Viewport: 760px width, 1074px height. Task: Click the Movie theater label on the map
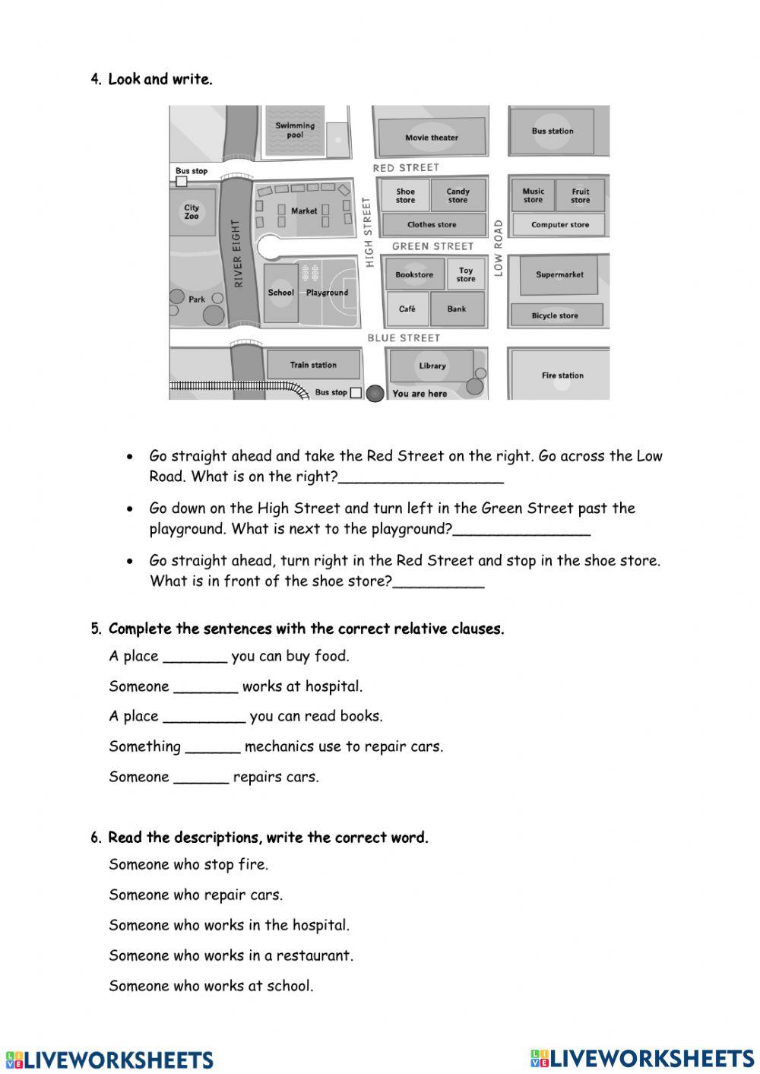[x=431, y=138]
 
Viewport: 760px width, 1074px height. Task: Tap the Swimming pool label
[x=295, y=130]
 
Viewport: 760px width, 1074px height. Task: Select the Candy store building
[x=458, y=195]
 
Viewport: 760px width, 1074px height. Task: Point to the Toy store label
[x=465, y=274]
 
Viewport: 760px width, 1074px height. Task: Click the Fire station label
[x=562, y=375]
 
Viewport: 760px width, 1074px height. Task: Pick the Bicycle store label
[x=555, y=315]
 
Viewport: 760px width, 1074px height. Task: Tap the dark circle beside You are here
[x=375, y=393]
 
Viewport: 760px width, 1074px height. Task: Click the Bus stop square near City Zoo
[x=181, y=181]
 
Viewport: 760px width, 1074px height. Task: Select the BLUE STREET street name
[x=404, y=337]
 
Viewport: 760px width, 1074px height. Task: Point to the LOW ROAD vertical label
[x=499, y=248]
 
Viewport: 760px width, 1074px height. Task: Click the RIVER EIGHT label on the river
[x=238, y=254]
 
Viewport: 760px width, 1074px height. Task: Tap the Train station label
[x=312, y=365]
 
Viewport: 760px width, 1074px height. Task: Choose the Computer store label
[x=559, y=224]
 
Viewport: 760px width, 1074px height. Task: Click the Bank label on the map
[x=457, y=309]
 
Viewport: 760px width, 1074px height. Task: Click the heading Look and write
[x=160, y=79]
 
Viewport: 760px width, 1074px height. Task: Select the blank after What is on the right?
[x=420, y=478]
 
